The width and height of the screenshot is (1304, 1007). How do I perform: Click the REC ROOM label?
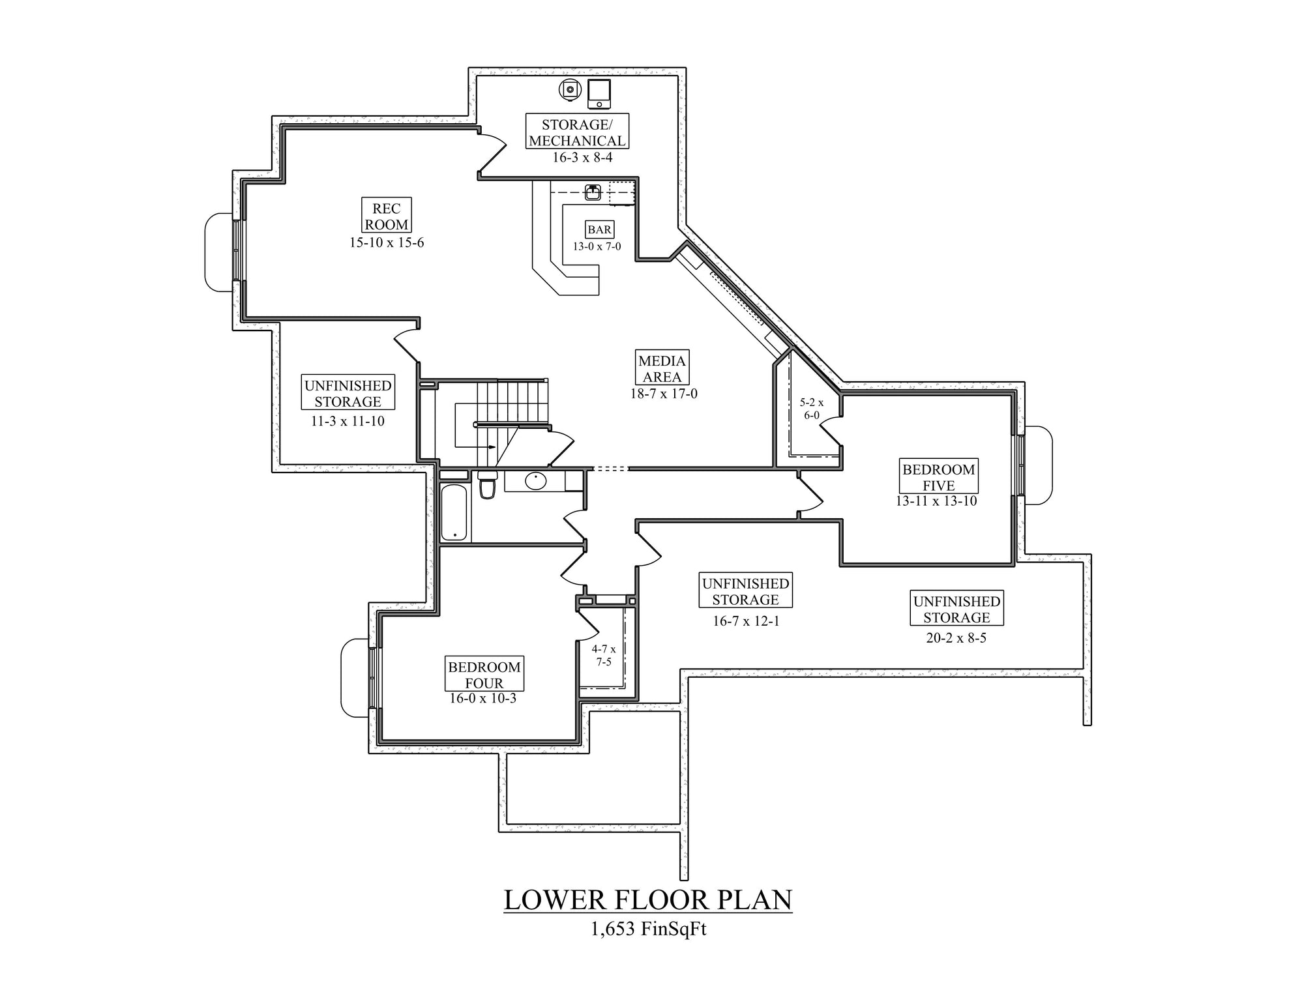pyautogui.click(x=387, y=216)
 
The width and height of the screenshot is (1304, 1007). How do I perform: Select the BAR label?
pyautogui.click(x=599, y=229)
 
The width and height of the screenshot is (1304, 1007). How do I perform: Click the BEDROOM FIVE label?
pyautogui.click(x=939, y=476)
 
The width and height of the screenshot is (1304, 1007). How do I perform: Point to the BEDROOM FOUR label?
pyautogui.click(x=484, y=674)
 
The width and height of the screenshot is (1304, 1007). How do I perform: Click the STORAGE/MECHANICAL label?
pyautogui.click(x=577, y=132)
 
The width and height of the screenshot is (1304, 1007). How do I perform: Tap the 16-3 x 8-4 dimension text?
pyautogui.click(x=582, y=157)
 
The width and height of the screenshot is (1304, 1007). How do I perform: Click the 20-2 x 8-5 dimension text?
pyautogui.click(x=956, y=638)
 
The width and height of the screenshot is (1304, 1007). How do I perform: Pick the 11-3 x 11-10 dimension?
pyautogui.click(x=348, y=421)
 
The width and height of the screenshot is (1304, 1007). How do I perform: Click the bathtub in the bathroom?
pyautogui.click(x=454, y=512)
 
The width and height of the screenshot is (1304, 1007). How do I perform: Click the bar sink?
pyautogui.click(x=593, y=192)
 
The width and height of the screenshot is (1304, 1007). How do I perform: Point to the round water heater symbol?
pyautogui.click(x=569, y=91)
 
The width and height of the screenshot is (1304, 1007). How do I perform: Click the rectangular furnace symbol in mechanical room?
pyautogui.click(x=599, y=95)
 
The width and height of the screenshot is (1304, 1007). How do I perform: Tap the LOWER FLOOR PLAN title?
pyautogui.click(x=648, y=899)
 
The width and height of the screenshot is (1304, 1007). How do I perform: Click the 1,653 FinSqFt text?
pyautogui.click(x=648, y=929)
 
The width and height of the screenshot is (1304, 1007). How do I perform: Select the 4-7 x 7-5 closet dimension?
pyautogui.click(x=604, y=656)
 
